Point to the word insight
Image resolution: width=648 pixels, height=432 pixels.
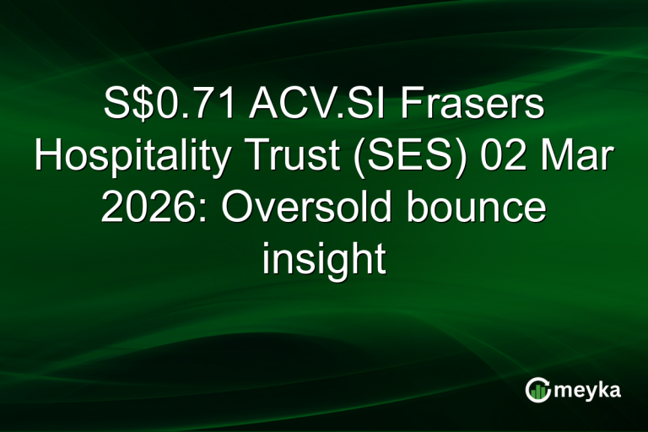click(x=323, y=256)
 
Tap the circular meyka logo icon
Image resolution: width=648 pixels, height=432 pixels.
click(x=538, y=389)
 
